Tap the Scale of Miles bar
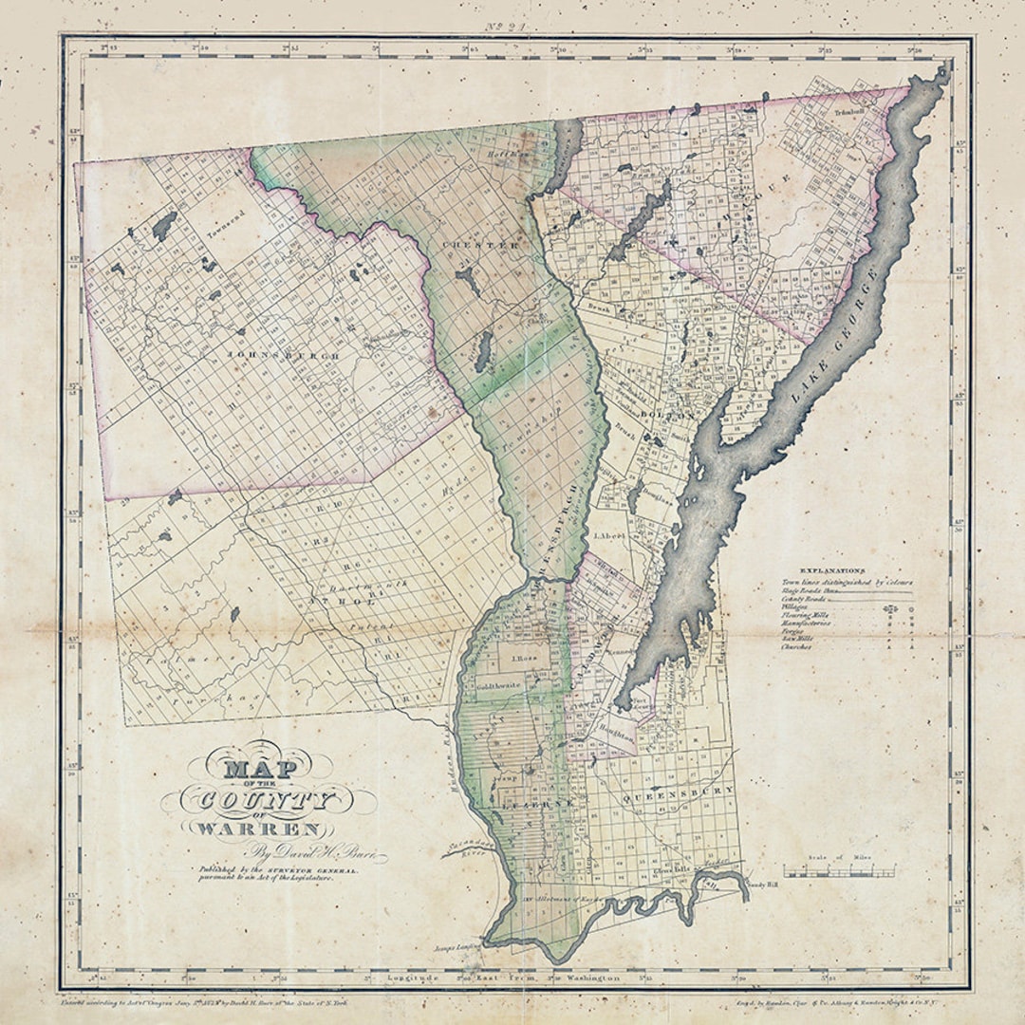coord(838,870)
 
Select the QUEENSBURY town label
coord(680,791)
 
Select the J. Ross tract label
coord(525,659)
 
